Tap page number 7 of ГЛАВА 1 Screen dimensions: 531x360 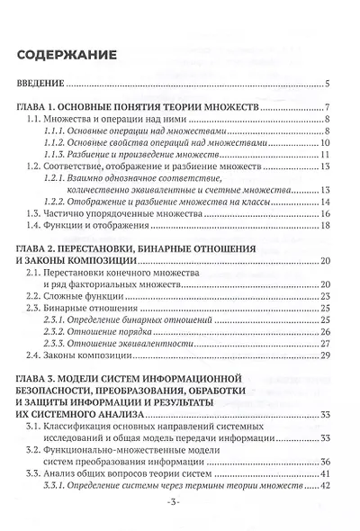[x=332, y=107]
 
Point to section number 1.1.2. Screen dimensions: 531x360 [x=57, y=143]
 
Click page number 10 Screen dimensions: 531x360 [x=328, y=143]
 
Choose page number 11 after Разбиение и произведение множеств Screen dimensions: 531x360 [x=328, y=155]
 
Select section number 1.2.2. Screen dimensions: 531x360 [x=57, y=202]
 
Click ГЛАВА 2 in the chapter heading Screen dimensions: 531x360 [x=42, y=247]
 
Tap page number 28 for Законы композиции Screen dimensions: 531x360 [x=328, y=355]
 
